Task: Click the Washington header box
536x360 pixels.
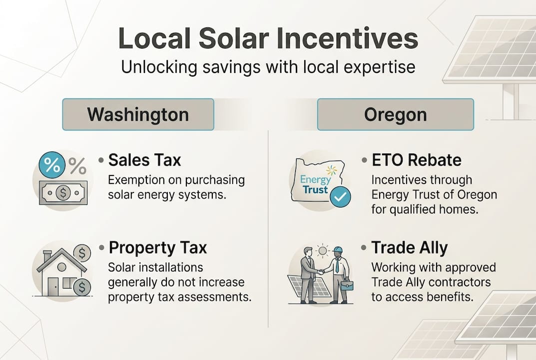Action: tap(138, 114)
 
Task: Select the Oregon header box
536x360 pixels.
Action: tap(395, 114)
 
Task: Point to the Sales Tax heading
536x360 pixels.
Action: tap(144, 160)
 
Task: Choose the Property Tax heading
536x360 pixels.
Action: tap(157, 247)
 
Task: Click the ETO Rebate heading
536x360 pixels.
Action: tap(417, 160)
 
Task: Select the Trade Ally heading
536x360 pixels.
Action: tap(409, 247)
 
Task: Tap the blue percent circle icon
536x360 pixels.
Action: tap(51, 164)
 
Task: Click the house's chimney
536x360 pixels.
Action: tap(46, 255)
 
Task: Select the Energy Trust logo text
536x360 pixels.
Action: tap(316, 184)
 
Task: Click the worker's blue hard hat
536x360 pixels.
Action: tap(338, 249)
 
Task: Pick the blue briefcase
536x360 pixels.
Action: tap(346, 285)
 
